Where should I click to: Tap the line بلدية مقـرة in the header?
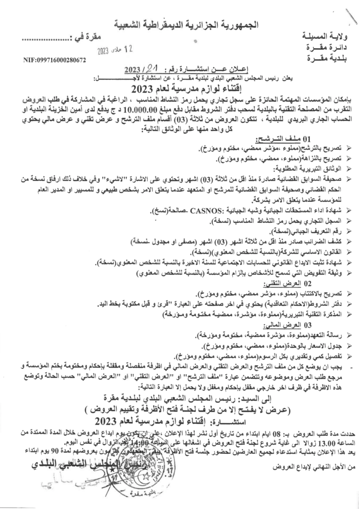pos(327,60)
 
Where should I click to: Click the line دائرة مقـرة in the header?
pos(326,49)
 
